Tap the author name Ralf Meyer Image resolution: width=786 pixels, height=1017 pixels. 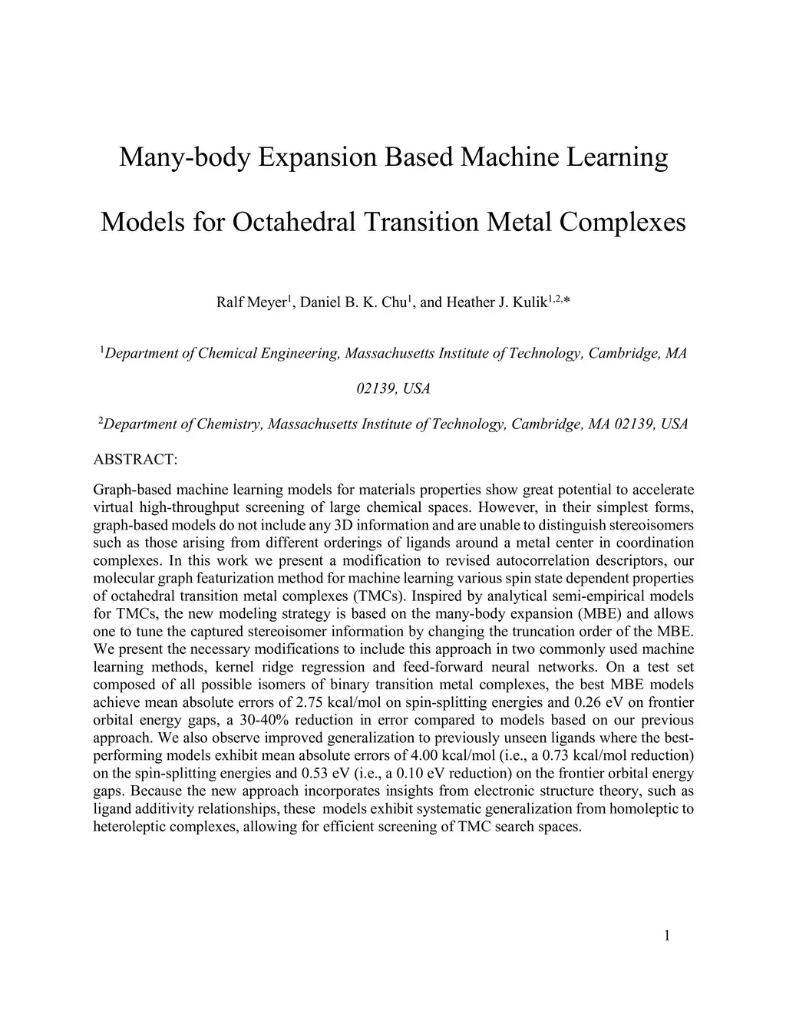251,302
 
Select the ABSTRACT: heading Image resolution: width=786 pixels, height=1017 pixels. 135,460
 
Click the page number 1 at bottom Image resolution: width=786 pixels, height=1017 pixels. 667,935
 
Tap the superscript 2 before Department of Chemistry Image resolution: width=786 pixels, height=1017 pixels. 101,421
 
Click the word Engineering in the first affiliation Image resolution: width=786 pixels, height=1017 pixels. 300,354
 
